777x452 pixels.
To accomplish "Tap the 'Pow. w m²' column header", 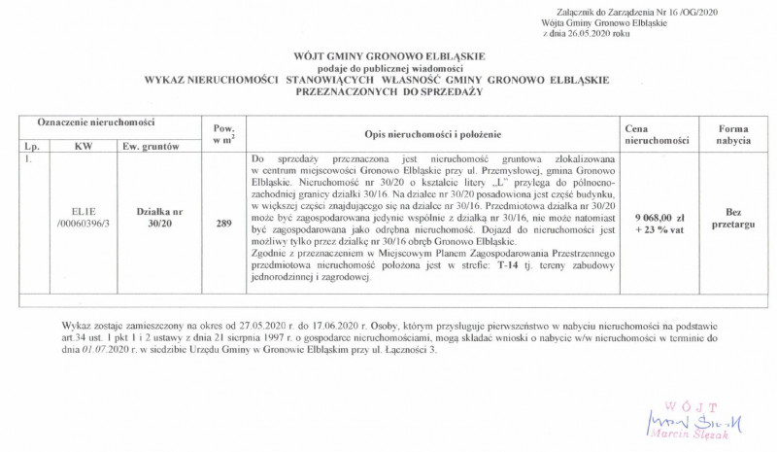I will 223,134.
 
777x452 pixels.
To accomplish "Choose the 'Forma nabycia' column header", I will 733,134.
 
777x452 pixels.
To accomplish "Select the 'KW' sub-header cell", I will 83,147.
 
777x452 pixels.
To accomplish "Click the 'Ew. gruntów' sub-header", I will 148,147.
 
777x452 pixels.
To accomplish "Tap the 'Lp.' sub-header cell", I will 31,147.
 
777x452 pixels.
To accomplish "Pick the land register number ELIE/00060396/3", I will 83,217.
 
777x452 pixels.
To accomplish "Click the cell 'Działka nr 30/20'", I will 148,217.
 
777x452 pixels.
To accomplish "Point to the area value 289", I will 223,225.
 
